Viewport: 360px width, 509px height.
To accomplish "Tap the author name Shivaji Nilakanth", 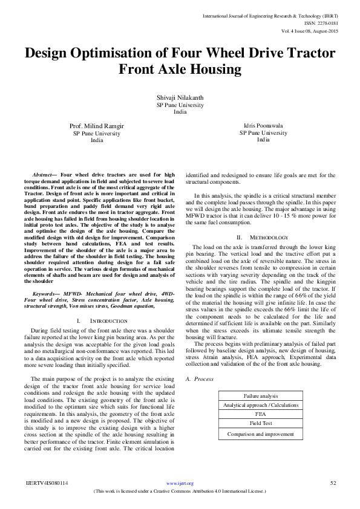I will (180, 97).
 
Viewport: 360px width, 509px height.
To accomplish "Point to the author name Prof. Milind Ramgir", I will (97, 126).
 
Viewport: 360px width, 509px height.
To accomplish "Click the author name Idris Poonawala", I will (263, 126).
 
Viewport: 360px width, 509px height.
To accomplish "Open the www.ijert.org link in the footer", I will (180, 483).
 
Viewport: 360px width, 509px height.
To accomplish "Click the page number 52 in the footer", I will (332, 483).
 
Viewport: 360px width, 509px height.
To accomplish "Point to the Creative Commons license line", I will (180, 491).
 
